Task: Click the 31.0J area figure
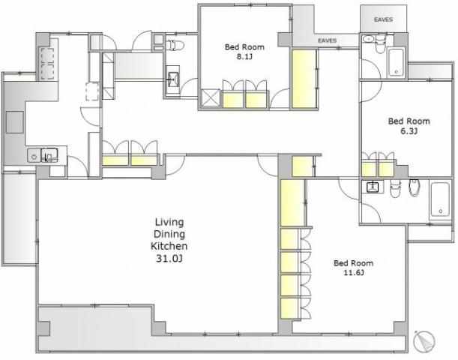tap(169, 258)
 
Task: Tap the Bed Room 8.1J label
tap(244, 52)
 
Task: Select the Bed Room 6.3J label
tap(409, 126)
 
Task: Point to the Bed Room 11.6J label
tap(353, 268)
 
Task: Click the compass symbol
tap(424, 340)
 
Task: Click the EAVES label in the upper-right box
tap(383, 19)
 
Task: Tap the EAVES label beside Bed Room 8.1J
tap(327, 40)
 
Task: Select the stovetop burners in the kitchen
tap(48, 64)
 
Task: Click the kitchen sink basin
tap(49, 154)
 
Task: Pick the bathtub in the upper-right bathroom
tap(396, 62)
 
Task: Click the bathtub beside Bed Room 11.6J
tap(440, 199)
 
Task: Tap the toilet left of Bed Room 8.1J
tap(175, 45)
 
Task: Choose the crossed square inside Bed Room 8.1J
tap(211, 98)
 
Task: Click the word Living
tap(169, 223)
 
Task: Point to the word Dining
tap(169, 234)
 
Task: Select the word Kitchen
tap(169, 246)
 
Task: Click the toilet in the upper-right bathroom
tap(380, 43)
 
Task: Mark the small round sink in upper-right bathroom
tap(367, 38)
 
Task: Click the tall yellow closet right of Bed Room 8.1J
tap(304, 79)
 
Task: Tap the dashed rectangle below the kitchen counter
tap(92, 91)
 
